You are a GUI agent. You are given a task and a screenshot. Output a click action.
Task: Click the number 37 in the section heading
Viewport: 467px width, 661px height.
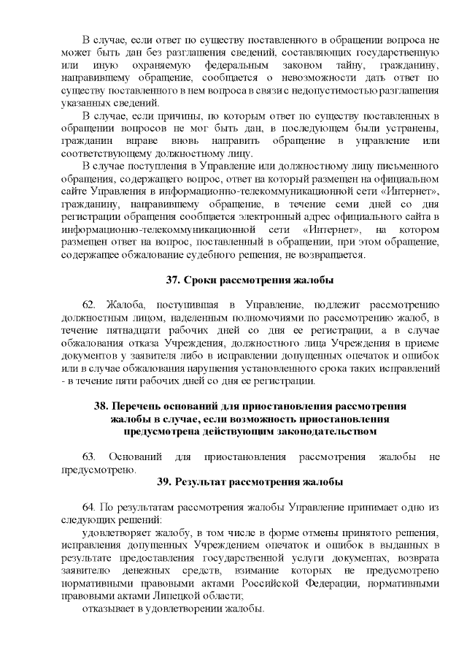pos(174,280)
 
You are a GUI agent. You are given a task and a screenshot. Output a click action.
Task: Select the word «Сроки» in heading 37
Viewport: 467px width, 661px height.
pos(203,280)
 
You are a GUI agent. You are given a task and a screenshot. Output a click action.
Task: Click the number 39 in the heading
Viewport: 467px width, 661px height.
pos(165,482)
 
